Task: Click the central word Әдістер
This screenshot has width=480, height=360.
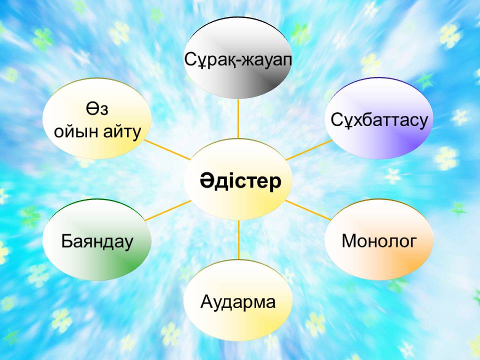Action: point(240,181)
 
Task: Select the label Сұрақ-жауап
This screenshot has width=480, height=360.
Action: point(238,59)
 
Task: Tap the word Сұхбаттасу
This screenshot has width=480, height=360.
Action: point(379,119)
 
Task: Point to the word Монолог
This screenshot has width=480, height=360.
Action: point(379,240)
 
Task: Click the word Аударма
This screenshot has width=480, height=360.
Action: point(238,302)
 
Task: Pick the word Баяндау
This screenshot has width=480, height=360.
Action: point(97,241)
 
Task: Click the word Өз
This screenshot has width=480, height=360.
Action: point(96,108)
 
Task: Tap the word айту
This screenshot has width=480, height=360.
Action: point(122,132)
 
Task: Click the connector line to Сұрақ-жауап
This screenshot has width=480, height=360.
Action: point(238,119)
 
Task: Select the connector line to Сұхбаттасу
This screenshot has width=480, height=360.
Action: point(309,150)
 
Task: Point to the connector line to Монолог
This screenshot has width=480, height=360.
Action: point(308,210)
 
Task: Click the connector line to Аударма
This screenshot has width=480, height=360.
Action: point(238,239)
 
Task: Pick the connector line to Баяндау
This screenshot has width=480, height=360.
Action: point(168,210)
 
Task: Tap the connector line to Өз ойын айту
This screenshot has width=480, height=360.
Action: point(167,149)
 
